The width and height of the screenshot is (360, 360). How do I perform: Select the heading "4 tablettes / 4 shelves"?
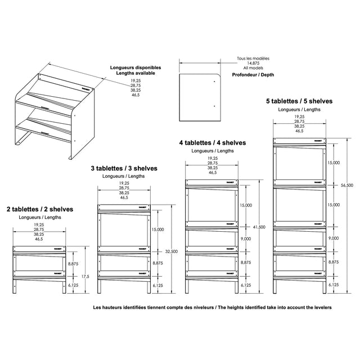coord(213,143)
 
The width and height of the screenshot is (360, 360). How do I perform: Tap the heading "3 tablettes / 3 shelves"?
coord(124,168)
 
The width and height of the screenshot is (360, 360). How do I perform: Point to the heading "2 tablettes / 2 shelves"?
coord(40,209)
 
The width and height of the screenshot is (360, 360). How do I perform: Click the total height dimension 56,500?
coord(347,185)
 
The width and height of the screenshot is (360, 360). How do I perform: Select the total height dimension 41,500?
coord(259,227)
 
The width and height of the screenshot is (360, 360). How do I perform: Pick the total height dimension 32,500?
coord(172,251)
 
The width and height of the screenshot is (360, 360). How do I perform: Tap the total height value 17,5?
coord(85,276)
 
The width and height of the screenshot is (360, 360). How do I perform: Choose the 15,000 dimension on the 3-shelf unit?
coord(158,229)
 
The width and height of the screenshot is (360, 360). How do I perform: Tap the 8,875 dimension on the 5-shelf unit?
coord(334,262)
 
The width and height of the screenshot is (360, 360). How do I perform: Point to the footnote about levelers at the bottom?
coord(213,308)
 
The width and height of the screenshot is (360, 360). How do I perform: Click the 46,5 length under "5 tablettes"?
coord(299,131)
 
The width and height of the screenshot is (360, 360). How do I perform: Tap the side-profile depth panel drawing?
coord(199,96)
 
